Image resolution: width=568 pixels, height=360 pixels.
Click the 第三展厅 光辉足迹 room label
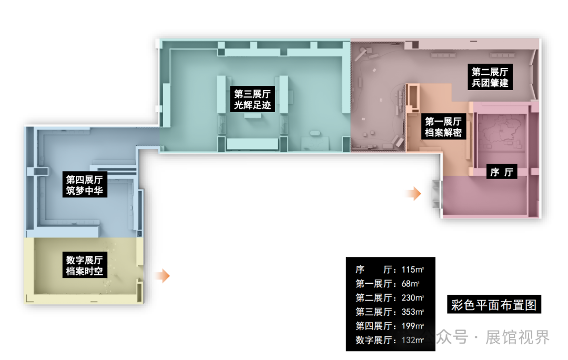[252, 100]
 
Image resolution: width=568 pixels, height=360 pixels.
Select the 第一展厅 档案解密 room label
[443, 127]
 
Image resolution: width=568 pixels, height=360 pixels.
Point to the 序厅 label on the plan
[501, 172]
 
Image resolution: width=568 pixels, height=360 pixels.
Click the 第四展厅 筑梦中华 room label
[84, 185]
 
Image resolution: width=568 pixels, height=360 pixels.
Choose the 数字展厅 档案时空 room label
[84, 266]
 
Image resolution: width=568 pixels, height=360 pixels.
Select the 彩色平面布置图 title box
[494, 305]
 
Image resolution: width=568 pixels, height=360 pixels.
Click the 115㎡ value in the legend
[412, 270]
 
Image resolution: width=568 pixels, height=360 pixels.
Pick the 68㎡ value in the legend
[410, 284]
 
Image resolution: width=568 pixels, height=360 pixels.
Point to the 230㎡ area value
[412, 298]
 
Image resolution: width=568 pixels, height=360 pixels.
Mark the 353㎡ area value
[412, 312]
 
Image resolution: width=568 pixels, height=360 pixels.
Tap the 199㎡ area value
[412, 326]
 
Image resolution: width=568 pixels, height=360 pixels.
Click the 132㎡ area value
[412, 340]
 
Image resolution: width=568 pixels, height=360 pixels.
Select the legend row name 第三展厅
[373, 312]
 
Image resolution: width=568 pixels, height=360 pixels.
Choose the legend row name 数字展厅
[373, 340]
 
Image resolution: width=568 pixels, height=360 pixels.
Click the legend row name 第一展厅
[373, 284]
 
